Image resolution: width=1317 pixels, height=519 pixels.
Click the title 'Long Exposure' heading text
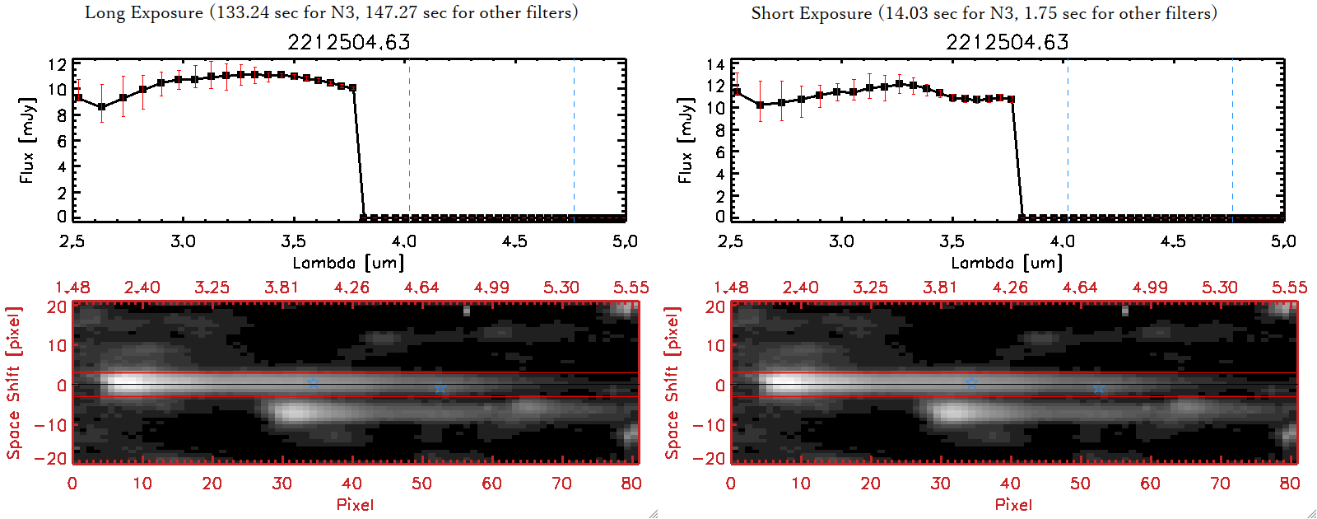point(144,13)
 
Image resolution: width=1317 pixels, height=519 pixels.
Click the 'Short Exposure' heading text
point(811,13)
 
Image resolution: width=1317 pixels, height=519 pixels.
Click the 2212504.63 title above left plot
point(349,42)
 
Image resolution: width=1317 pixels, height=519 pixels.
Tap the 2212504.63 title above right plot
point(1008,42)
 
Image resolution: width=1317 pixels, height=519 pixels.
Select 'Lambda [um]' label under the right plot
point(1007,263)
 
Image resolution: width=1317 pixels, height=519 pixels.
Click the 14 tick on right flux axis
point(715,65)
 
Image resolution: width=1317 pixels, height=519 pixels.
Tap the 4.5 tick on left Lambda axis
point(514,241)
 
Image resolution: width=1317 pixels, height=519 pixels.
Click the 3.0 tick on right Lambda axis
point(841,241)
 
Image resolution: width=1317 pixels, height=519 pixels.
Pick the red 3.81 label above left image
point(282,288)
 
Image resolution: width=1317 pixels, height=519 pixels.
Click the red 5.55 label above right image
point(1289,288)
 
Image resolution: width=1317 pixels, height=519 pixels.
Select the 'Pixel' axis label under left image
point(355,504)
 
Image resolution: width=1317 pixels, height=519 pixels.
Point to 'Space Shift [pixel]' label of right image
point(672,383)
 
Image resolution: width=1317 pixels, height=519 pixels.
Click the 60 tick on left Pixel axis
point(491,484)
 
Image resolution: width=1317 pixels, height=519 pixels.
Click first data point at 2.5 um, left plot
point(78,98)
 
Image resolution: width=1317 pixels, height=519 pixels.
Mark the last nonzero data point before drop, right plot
point(1011,99)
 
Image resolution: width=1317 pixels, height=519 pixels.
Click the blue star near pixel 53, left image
point(440,387)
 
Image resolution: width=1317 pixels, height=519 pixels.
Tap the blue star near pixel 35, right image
point(971,382)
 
